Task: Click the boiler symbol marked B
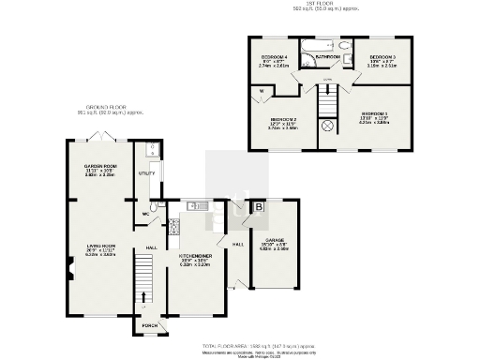259,205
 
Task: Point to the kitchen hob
173,225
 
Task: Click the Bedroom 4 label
275,58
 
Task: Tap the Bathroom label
327,57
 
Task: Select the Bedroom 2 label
283,120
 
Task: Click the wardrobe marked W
261,91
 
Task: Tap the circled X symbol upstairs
327,126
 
